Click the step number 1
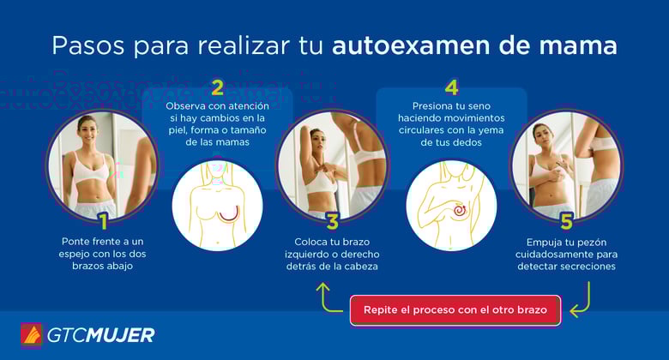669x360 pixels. [103, 221]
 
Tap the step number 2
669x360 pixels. [218, 87]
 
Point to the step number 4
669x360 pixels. [451, 87]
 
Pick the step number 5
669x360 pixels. [565, 221]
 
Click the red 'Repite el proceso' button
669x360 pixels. [455, 309]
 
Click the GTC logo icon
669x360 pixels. [32, 335]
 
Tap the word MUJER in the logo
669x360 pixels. [121, 335]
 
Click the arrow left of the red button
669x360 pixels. [327, 297]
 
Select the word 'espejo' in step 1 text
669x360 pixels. [77, 255]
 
